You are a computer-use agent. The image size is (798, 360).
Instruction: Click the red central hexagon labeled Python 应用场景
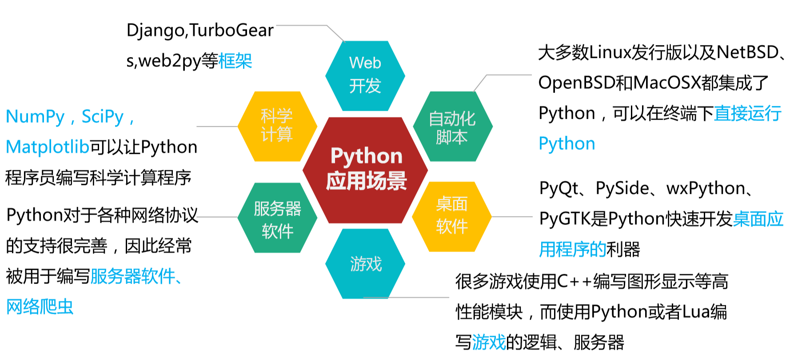click(365, 170)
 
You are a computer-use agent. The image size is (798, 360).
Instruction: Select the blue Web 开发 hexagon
click(365, 76)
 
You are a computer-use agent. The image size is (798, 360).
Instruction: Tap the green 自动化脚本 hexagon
click(452, 127)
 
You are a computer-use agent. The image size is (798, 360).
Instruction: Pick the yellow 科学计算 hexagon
click(277, 126)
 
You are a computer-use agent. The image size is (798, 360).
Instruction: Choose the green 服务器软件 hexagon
click(277, 218)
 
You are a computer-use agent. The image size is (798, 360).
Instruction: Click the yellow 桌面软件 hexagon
click(452, 216)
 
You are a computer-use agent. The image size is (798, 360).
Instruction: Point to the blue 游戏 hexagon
click(365, 264)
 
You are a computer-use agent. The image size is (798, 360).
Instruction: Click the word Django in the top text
click(156, 31)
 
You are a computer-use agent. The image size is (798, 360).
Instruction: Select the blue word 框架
click(235, 61)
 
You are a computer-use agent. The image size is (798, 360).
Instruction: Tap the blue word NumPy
click(35, 117)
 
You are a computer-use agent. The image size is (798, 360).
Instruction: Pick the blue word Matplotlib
click(48, 147)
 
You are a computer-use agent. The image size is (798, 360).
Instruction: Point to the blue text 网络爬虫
click(40, 307)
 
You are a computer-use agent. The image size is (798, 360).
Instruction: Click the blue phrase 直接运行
click(747, 114)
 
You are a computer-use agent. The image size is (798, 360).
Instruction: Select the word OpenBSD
click(577, 83)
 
